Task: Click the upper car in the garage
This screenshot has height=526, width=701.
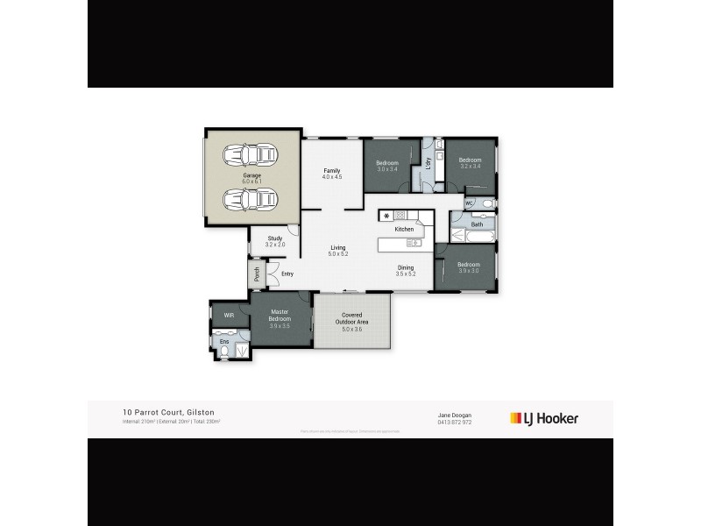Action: tap(248, 156)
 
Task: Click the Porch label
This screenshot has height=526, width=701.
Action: tap(257, 274)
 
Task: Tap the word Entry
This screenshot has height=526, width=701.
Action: tap(287, 274)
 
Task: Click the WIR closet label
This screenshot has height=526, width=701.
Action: tap(229, 315)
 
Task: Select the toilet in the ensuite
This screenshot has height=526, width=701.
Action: tap(225, 352)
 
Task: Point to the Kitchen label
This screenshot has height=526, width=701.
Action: tap(403, 229)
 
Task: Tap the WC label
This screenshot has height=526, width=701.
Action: tap(469, 203)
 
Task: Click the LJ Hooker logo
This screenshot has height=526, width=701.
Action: tap(543, 418)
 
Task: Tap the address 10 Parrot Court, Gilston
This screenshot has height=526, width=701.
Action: tap(168, 412)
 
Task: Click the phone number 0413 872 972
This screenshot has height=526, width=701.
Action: tap(454, 423)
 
